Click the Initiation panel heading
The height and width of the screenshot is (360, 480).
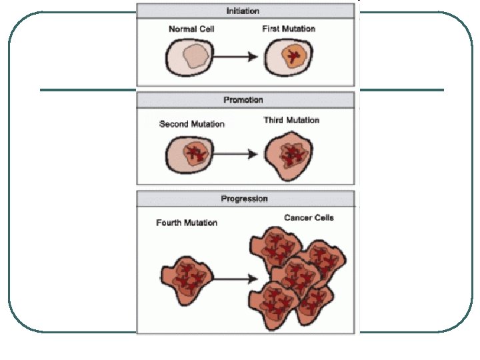pos(245,11)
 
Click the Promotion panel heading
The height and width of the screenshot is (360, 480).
pos(245,100)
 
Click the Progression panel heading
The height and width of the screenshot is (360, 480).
pos(245,199)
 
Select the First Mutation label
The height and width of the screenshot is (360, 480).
pos(289,29)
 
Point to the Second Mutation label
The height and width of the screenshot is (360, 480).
pos(192,124)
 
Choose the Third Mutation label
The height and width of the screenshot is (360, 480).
pos(291,121)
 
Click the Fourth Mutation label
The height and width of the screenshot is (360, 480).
pos(187,223)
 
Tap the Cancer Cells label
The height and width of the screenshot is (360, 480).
pos(309,218)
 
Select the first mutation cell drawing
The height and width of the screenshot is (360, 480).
pos(290,58)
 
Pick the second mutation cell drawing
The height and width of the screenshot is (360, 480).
pos(189,155)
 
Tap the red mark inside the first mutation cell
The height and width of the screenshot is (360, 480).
pos(291,58)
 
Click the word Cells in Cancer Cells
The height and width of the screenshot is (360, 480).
pos(323,218)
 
